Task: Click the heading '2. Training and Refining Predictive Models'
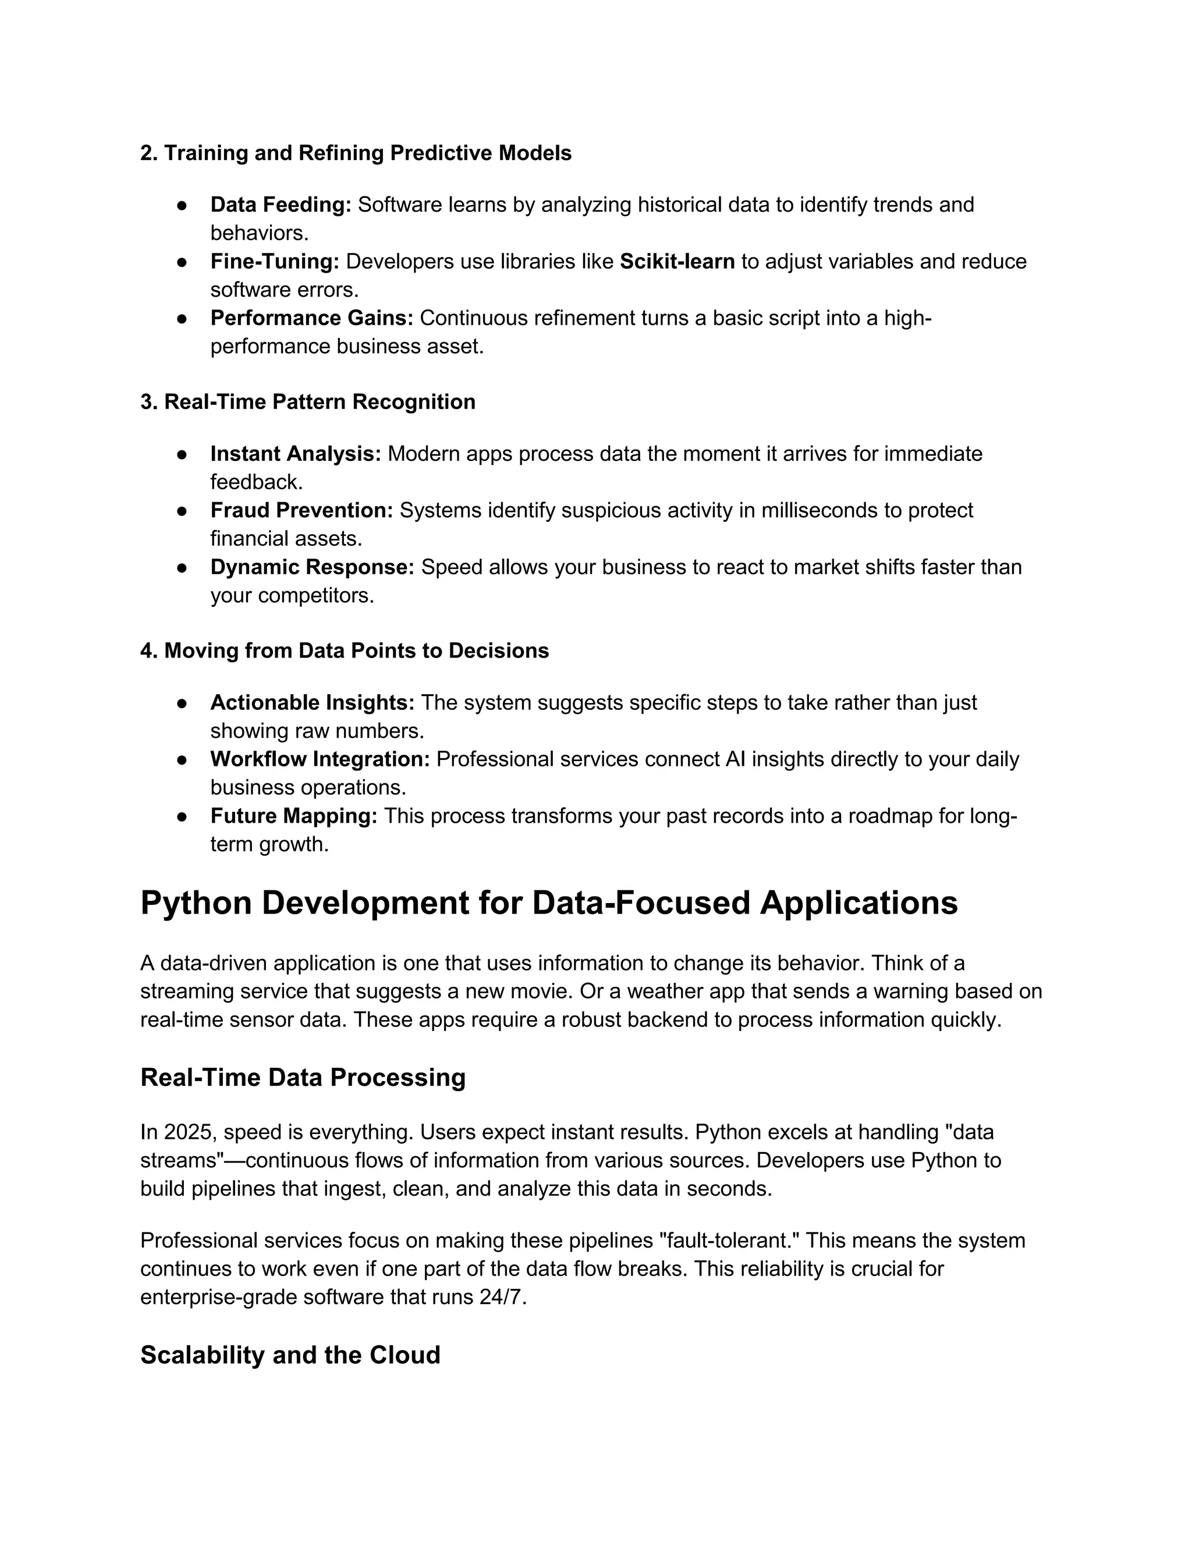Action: tap(355, 153)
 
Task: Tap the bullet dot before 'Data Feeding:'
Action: tap(182, 205)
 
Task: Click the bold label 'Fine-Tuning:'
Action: tap(275, 262)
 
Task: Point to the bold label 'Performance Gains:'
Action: tap(311, 318)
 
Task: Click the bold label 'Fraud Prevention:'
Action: tap(301, 510)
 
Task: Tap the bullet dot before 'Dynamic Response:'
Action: tap(182, 568)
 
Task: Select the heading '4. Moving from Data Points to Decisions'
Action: tap(344, 651)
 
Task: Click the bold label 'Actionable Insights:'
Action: tap(312, 704)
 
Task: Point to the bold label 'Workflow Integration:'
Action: tap(320, 760)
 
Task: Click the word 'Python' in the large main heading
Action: tap(196, 904)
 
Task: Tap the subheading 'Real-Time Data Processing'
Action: tap(303, 1078)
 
